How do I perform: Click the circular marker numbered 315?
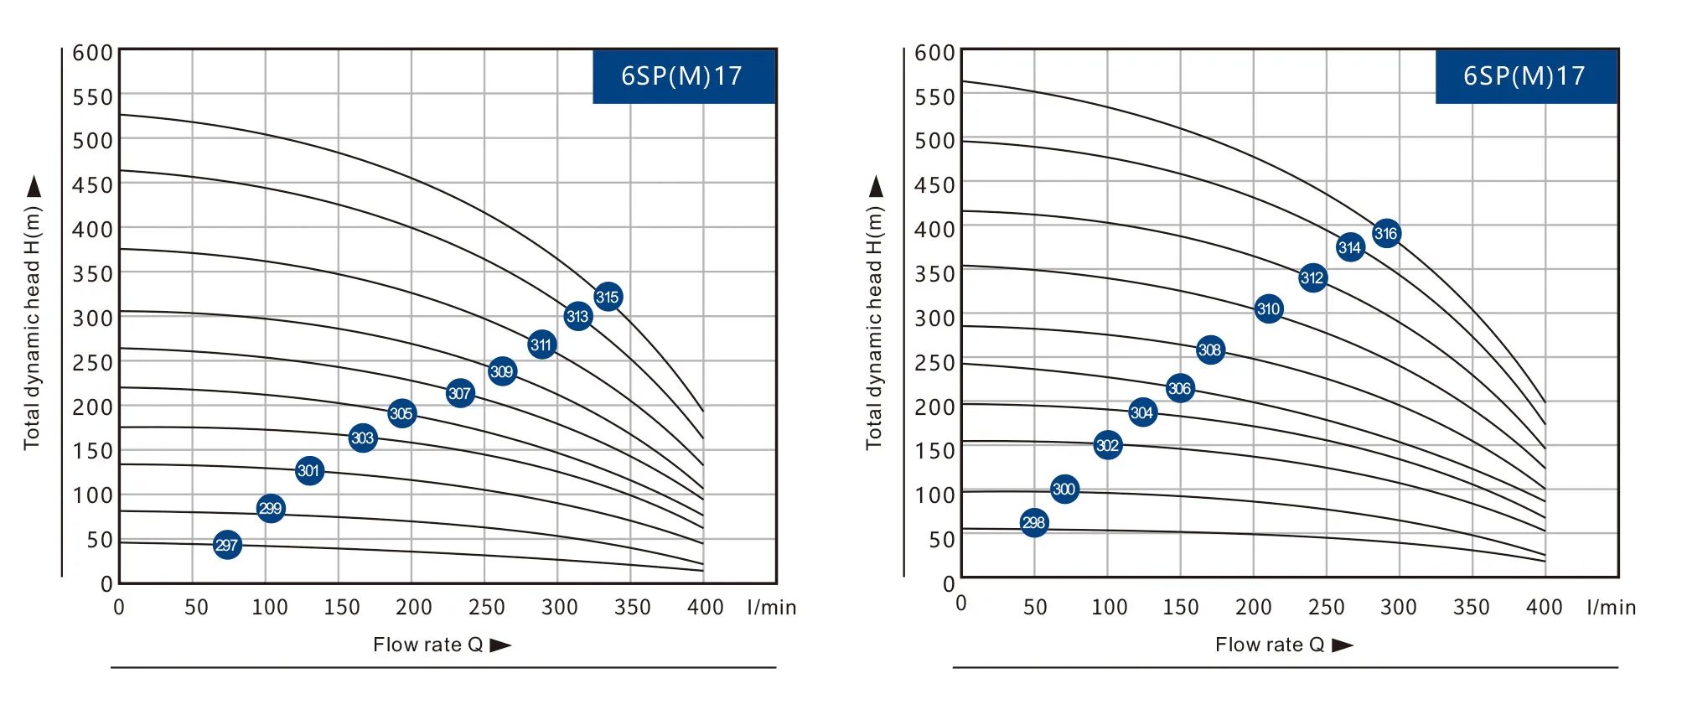point(608,297)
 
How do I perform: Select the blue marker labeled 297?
point(227,546)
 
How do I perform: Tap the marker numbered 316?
point(1386,234)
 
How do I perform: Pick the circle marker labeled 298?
point(1034,523)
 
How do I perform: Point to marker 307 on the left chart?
point(460,393)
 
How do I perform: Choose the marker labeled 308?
point(1210,350)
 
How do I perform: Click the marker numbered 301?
point(309,470)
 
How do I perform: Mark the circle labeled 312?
point(1312,278)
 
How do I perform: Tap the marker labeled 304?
point(1142,412)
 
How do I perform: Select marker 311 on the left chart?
point(542,345)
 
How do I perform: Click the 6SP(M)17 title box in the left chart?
point(683,76)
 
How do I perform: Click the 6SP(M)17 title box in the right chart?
point(1525,76)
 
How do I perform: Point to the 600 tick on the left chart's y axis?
point(92,53)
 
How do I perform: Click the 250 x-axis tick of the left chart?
point(486,607)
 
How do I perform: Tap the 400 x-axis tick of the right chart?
point(1544,607)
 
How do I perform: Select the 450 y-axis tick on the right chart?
point(934,184)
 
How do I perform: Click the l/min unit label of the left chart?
point(772,607)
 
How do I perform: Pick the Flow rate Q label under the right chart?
point(1270,645)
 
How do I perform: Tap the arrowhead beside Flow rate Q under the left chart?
point(500,645)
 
